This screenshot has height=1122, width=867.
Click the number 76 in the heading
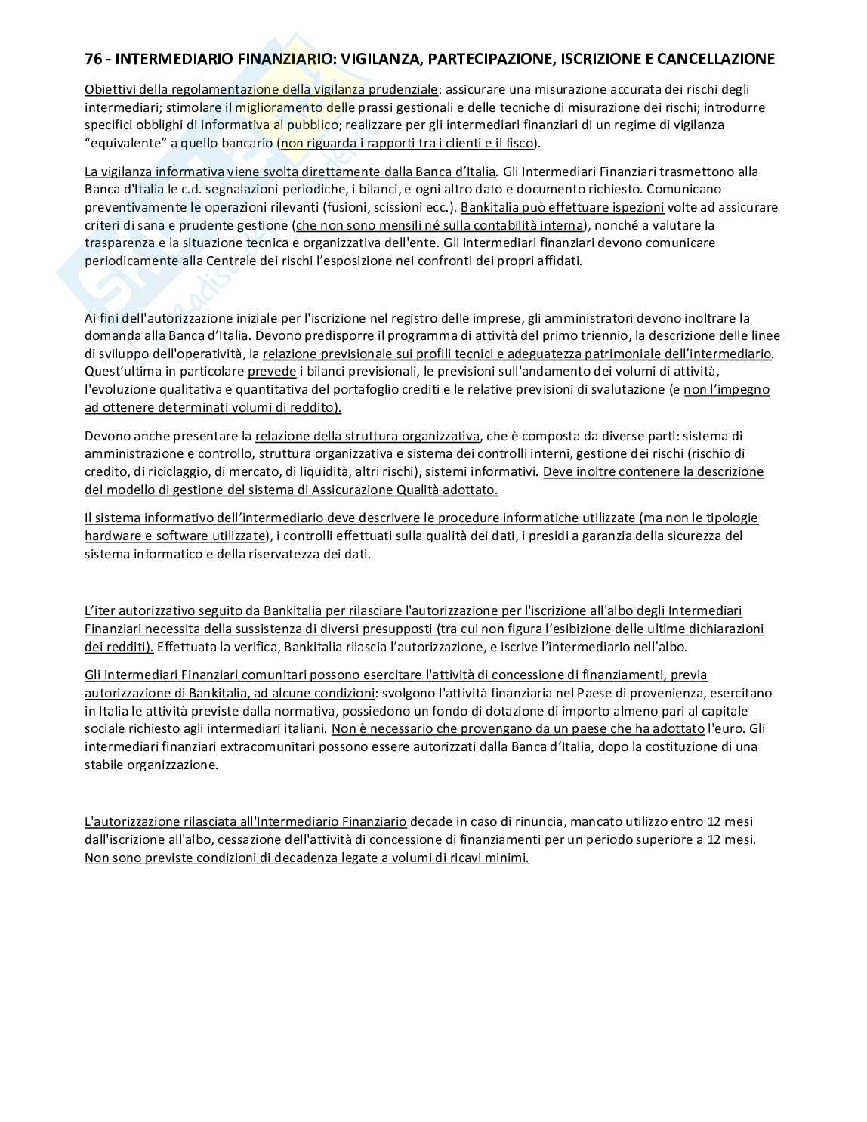pos(93,59)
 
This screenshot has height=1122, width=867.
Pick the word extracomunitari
pos(268,746)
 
